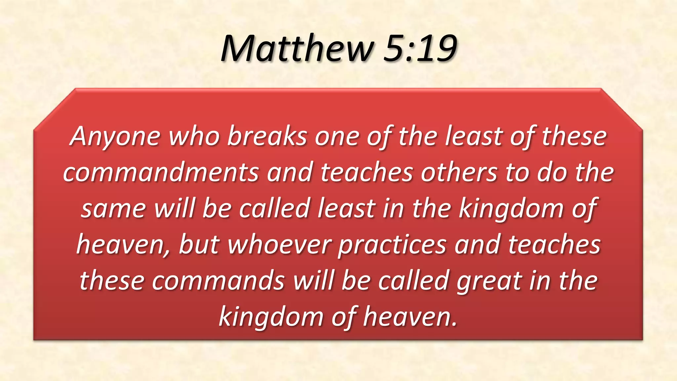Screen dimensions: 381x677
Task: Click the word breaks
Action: click(x=267, y=136)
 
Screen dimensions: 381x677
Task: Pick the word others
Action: click(x=459, y=173)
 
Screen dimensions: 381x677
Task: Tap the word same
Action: click(x=113, y=209)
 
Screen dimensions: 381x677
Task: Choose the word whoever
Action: click(x=280, y=245)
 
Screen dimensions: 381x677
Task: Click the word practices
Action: click(x=392, y=245)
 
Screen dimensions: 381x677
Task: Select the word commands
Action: click(x=218, y=281)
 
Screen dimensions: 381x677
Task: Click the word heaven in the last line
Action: click(x=410, y=317)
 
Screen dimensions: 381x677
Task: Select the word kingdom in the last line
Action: click(x=271, y=317)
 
